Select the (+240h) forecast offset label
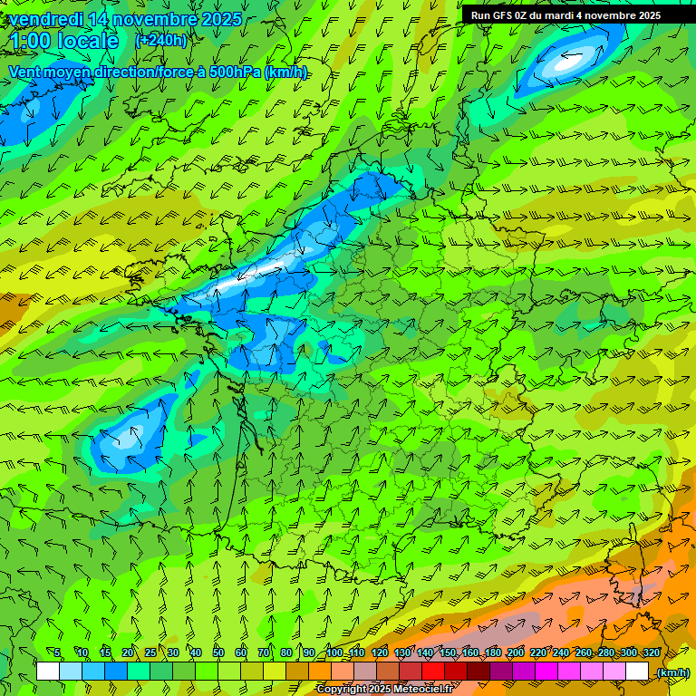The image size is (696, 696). [x=160, y=40]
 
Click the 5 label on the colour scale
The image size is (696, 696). [x=56, y=652]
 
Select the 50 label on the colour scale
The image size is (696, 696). [x=217, y=652]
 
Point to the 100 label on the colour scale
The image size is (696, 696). [x=334, y=652]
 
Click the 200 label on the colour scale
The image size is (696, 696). [x=516, y=652]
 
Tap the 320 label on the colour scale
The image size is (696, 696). [x=651, y=652]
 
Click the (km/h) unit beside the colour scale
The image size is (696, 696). [x=672, y=672]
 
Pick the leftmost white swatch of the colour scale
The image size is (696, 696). [x=48, y=672]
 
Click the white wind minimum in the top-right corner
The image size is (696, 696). [x=569, y=62]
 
